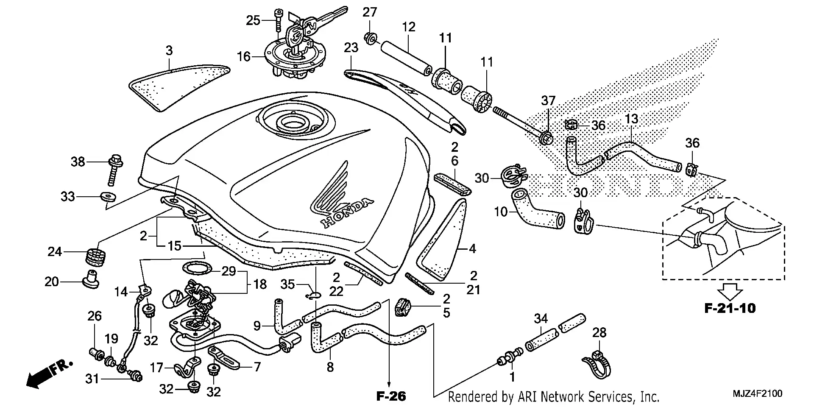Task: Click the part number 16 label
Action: coord(243,56)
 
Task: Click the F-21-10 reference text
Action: coord(730,308)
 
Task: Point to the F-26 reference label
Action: coord(391,396)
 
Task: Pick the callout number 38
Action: coord(78,162)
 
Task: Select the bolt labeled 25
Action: coord(279,19)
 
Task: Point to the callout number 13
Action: coord(631,119)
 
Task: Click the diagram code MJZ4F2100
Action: coord(758,394)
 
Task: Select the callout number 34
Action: coord(541,319)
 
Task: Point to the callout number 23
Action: coord(351,48)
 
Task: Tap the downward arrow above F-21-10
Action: coord(730,291)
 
